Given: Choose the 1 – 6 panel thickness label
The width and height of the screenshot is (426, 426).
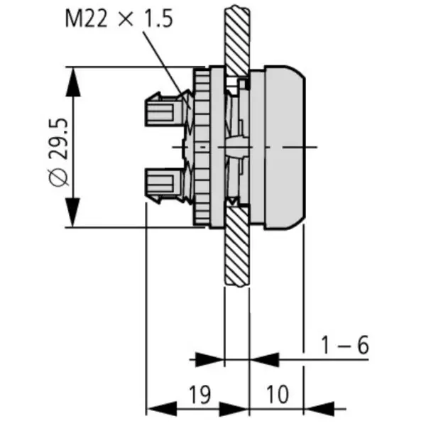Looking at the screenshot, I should coord(344,346).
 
